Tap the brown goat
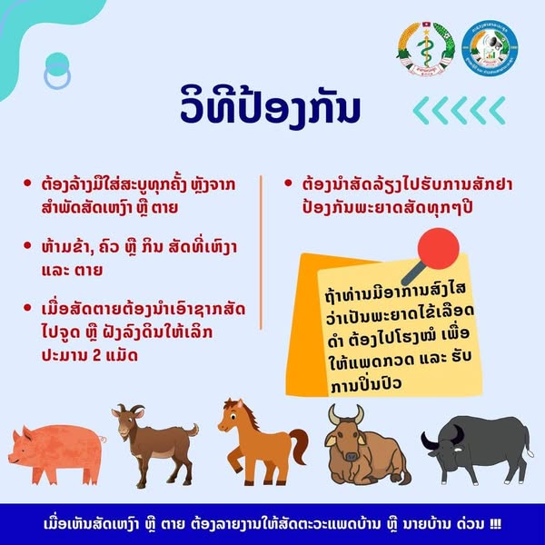tap(155, 446)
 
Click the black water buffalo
tap(477, 449)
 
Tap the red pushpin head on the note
tap(439, 248)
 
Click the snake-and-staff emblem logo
tap(426, 49)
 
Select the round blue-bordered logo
tap(490, 48)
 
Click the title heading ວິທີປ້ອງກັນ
tap(270, 107)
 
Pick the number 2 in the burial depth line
tap(96, 355)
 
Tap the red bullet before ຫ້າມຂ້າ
tap(27, 245)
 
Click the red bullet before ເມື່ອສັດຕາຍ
tap(27, 307)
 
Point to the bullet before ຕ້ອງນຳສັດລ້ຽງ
tap(288, 183)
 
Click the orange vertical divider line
tap(261, 253)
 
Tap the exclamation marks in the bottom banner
tap(495, 524)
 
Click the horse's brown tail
tap(299, 446)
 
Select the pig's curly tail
tap(104, 439)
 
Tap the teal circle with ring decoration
tap(57, 71)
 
